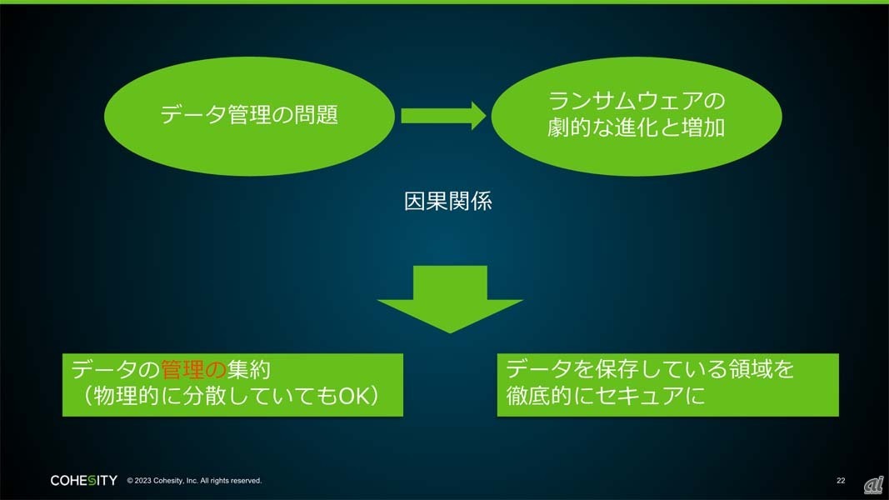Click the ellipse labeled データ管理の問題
(248, 115)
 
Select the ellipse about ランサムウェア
(636, 115)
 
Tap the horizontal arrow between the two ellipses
(442, 115)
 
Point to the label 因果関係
(447, 202)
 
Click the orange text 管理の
(193, 368)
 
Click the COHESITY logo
(83, 481)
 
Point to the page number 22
(841, 481)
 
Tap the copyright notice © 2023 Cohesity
(194, 481)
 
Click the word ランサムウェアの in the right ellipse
(636, 102)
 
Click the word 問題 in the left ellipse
(316, 115)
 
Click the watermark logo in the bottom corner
(872, 484)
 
